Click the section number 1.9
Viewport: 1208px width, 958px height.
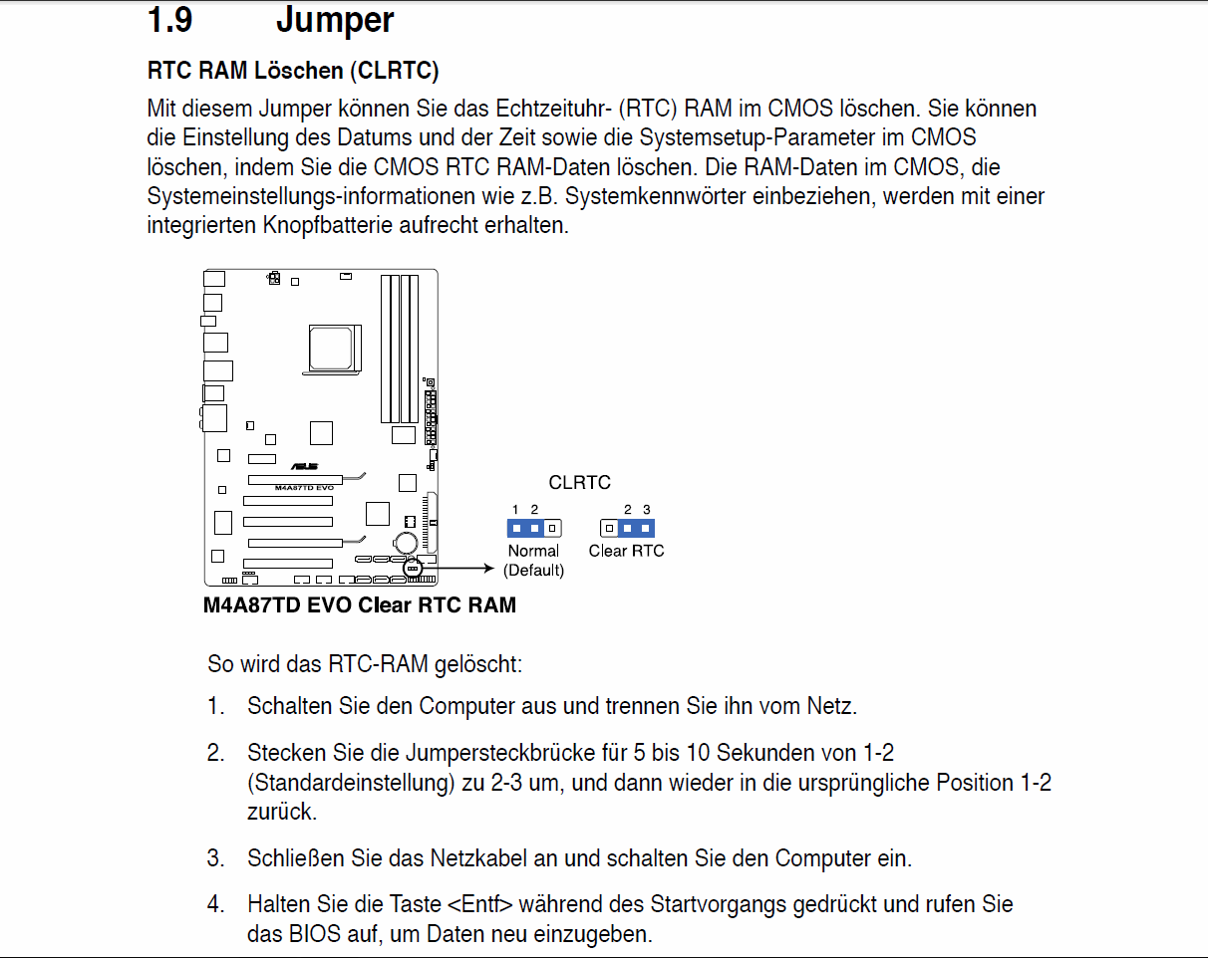tap(169, 20)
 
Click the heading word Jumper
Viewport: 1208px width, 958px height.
tap(335, 21)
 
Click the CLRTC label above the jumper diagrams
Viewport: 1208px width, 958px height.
tap(579, 482)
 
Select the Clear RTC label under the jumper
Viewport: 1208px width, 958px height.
tap(626, 551)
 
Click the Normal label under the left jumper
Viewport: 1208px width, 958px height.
tap(533, 551)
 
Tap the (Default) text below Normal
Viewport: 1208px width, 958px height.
tap(533, 571)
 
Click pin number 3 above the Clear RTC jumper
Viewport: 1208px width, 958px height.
tap(646, 509)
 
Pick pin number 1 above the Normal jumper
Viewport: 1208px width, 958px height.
tap(515, 509)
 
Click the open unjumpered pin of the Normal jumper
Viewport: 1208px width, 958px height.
tap(552, 528)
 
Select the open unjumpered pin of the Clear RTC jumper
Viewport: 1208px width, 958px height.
tap(609, 528)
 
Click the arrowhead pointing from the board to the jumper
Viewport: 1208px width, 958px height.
tap(489, 569)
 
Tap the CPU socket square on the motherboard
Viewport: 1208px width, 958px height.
tap(331, 349)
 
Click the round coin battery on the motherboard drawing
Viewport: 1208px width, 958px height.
tap(406, 543)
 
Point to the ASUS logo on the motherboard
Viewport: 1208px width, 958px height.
tap(305, 466)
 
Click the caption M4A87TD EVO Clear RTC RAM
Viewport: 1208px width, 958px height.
tap(359, 605)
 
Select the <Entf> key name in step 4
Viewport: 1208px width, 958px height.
tap(480, 904)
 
